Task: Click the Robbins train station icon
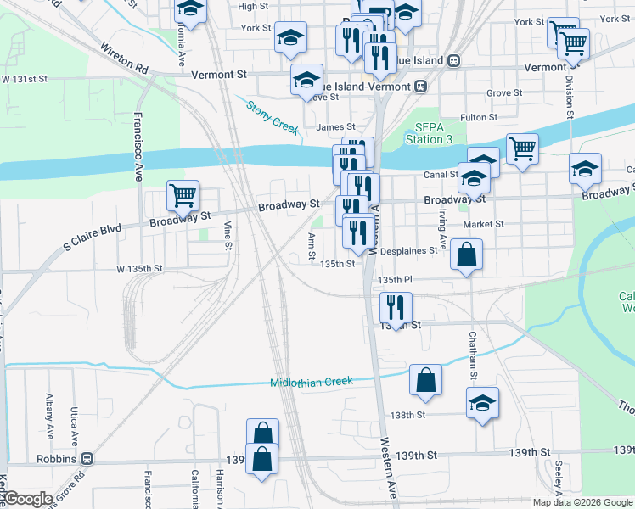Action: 87,459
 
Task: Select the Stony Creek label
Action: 273,117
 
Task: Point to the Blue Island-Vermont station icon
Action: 420,87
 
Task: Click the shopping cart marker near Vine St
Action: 183,196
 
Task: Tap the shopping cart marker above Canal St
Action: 522,148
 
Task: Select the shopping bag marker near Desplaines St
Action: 466,254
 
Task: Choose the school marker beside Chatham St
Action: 482,402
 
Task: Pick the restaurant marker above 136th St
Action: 396,307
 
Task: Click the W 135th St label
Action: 139,269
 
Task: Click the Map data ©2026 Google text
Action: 582,502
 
